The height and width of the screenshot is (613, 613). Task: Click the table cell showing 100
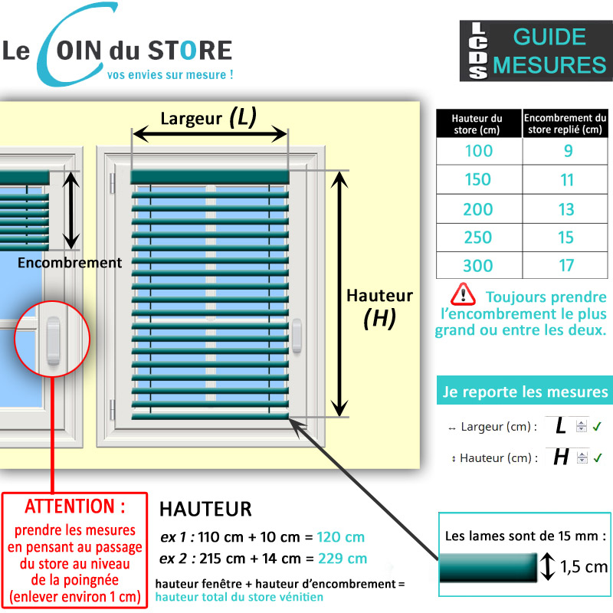click(479, 151)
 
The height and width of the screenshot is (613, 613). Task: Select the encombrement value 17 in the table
click(566, 266)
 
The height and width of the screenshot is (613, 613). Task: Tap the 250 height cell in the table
click(479, 238)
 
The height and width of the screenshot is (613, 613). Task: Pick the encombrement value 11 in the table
click(566, 180)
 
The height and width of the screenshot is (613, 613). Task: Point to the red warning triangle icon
click(463, 294)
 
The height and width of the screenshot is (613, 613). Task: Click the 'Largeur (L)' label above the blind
click(208, 118)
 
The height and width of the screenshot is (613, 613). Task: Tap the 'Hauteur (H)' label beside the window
click(379, 306)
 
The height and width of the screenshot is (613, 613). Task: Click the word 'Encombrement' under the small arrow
click(70, 263)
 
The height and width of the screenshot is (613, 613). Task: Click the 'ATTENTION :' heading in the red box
click(74, 506)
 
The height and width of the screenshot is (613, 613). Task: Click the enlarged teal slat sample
click(488, 568)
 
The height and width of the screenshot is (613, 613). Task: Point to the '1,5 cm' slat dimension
click(584, 567)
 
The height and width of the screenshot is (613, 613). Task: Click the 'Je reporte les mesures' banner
click(525, 392)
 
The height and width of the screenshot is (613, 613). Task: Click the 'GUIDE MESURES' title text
click(549, 51)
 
